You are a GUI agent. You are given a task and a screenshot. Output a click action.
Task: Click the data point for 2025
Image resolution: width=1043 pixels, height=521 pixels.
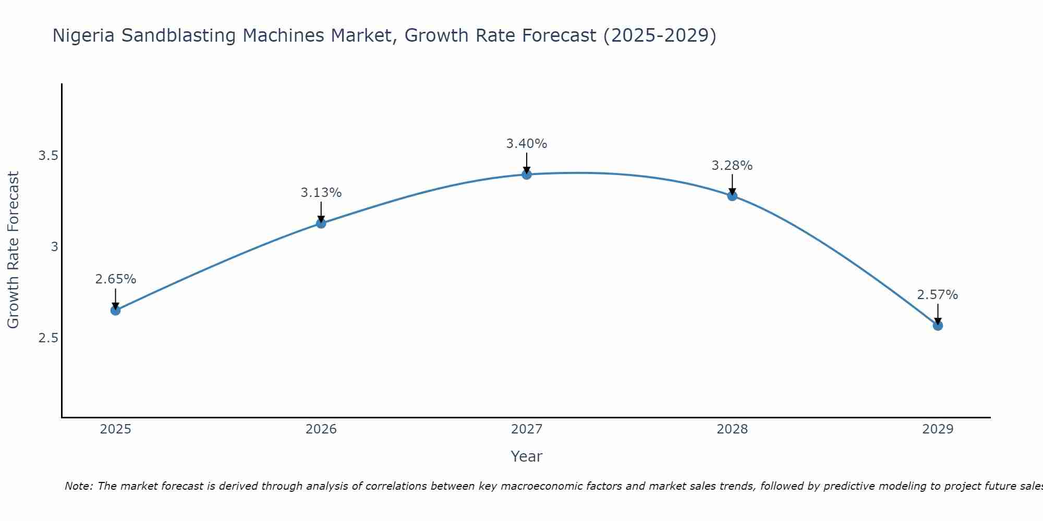[115, 311]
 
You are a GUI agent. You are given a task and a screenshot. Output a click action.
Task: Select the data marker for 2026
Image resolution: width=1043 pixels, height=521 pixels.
[321, 224]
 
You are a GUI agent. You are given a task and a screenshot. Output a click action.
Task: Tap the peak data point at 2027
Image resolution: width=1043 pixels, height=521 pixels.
[527, 175]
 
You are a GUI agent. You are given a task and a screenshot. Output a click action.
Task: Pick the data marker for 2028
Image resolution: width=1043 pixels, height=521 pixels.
[732, 196]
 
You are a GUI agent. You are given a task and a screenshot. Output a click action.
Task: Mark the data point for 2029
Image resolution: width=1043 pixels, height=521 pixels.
[938, 326]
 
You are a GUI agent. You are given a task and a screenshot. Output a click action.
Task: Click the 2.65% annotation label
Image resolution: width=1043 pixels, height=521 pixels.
[115, 279]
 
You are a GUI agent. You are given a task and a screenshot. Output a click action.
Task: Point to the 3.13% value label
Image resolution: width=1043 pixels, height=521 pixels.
[321, 193]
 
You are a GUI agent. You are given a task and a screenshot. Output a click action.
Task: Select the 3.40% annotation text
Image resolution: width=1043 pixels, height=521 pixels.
[527, 144]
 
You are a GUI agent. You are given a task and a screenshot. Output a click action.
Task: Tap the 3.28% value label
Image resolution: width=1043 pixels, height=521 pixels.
[732, 166]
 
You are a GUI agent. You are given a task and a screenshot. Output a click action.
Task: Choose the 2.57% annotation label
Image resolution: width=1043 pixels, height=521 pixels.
[938, 295]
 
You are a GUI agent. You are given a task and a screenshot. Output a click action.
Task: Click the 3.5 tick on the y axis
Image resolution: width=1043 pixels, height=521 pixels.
[48, 156]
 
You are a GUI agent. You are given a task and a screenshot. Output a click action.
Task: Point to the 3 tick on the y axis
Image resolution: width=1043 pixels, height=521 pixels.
[54, 247]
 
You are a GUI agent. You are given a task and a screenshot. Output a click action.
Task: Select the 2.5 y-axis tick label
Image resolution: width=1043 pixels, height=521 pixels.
[48, 338]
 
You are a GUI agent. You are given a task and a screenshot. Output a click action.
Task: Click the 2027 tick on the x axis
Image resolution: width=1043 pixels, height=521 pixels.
[527, 429]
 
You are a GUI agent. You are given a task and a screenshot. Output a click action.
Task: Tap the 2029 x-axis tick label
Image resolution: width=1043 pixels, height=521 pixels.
[938, 429]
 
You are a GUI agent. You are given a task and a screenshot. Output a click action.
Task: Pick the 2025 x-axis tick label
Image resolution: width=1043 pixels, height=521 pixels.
[115, 429]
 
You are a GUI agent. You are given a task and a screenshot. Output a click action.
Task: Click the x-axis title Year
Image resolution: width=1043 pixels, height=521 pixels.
[527, 456]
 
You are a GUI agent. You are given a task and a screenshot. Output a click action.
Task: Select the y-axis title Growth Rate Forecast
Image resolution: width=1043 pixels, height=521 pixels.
[13, 250]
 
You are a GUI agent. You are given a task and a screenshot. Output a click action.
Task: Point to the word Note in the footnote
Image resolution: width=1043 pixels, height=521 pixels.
[78, 486]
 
